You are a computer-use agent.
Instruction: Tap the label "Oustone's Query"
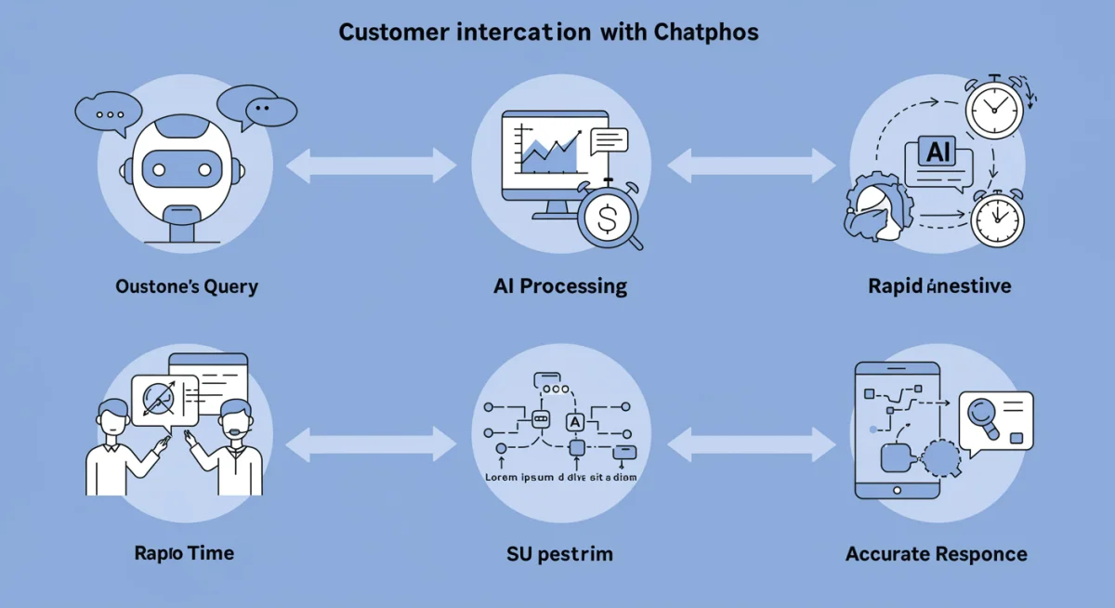click(186, 286)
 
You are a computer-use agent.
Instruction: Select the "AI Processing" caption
click(560, 286)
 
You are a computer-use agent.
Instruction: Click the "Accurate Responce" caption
click(936, 555)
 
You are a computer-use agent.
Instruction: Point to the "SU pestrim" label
click(559, 555)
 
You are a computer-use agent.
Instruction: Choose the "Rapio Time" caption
click(184, 553)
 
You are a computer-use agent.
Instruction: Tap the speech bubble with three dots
click(111, 114)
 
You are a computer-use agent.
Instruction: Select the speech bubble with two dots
click(260, 109)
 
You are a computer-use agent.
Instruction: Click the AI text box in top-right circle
click(938, 153)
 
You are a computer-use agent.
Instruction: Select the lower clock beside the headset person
click(997, 219)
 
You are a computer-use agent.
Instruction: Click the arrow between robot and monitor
click(371, 167)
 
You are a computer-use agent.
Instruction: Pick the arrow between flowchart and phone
click(752, 444)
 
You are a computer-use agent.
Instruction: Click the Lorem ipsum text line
click(555, 477)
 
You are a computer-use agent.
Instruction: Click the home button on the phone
click(897, 490)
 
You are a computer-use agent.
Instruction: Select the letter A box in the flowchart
click(574, 422)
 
